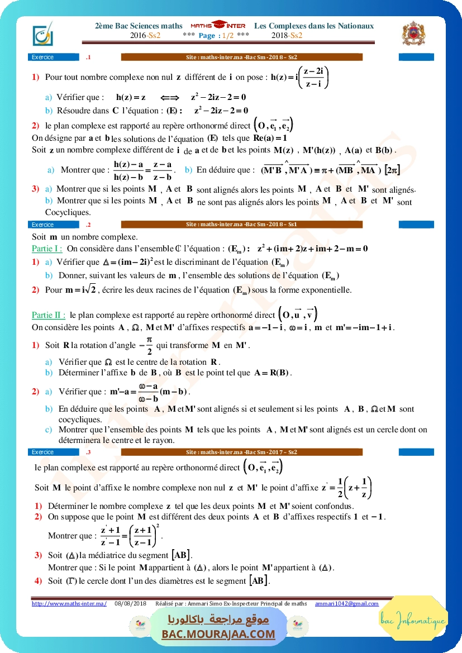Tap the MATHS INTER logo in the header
coord(218,26)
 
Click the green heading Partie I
coord(46,249)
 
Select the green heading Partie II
coord(49,315)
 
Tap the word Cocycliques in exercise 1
coord(68,212)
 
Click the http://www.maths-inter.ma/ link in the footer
coord(69,603)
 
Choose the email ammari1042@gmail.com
coord(346,603)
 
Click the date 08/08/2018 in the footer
coord(130,603)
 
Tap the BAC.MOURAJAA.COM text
coord(218,634)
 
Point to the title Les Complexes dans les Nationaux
coord(313,26)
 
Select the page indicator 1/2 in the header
coord(228,35)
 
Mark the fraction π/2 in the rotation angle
coord(149,345)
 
